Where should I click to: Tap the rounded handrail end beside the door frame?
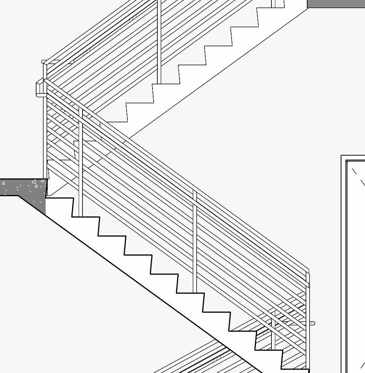(x=312, y=324)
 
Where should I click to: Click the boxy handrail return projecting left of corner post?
(x=40, y=88)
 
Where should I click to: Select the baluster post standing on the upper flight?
(x=159, y=42)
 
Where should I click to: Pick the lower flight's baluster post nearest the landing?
(x=81, y=163)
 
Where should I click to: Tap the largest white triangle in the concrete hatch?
(x=34, y=182)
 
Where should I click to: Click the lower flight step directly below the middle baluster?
(x=190, y=293)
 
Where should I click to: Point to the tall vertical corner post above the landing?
(x=45, y=129)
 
